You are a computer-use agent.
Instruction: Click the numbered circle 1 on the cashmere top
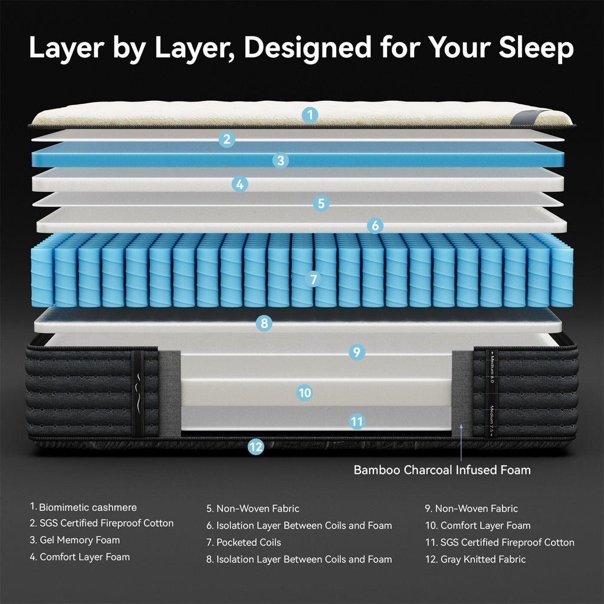[x=310, y=114]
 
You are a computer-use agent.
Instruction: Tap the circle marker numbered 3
[x=281, y=160]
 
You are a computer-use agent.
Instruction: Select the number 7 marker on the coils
[x=313, y=279]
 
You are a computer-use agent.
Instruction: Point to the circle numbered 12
[x=255, y=447]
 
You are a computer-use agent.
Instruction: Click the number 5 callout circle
[x=321, y=203]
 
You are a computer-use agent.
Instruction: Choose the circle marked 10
[x=304, y=392]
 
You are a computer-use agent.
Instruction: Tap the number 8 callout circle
[x=264, y=323]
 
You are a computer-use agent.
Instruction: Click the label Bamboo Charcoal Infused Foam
[x=442, y=470]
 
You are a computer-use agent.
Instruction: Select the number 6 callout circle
[x=375, y=225]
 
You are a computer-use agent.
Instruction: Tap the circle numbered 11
[x=356, y=421]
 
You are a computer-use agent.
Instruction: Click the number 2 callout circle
[x=226, y=140]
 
